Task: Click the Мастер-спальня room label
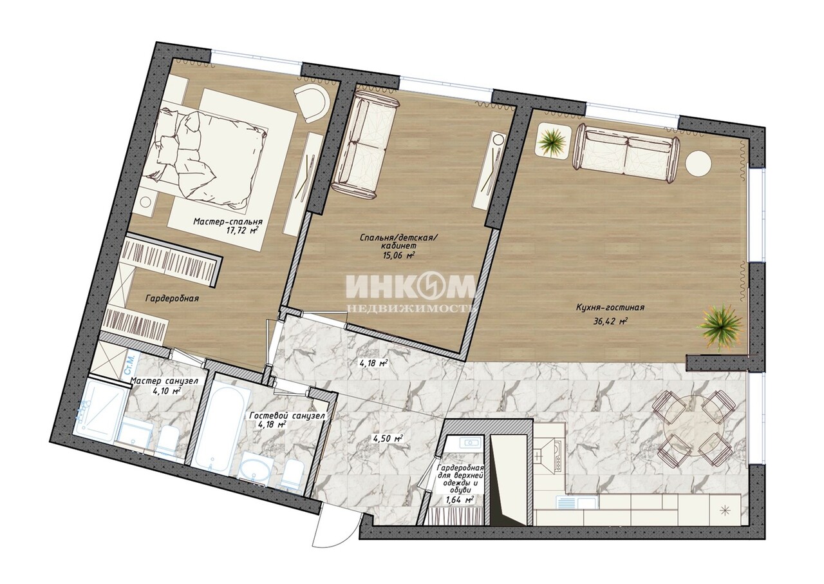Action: pyautogui.click(x=228, y=222)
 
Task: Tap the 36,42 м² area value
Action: pyautogui.click(x=610, y=321)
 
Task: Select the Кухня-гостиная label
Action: pyautogui.click(x=610, y=307)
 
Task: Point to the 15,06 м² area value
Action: pyautogui.click(x=398, y=255)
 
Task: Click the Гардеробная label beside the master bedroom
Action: pyautogui.click(x=172, y=298)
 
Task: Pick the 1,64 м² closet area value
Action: pyautogui.click(x=460, y=500)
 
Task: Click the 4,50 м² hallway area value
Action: pyautogui.click(x=388, y=438)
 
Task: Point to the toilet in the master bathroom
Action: pyautogui.click(x=169, y=443)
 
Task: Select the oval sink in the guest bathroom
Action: pyautogui.click(x=256, y=472)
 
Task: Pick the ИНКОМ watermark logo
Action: pyautogui.click(x=411, y=286)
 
